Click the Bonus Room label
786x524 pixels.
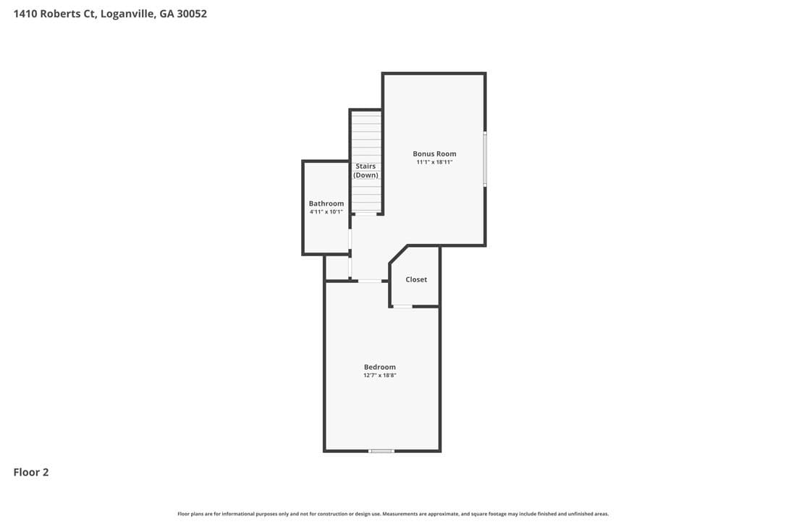tap(434, 154)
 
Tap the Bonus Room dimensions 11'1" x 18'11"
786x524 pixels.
tap(434, 162)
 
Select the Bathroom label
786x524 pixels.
tap(326, 203)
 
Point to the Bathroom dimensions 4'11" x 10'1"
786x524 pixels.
tap(326, 212)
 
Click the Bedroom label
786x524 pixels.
tap(380, 367)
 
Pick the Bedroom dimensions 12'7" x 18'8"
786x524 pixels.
tap(380, 376)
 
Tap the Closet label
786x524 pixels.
tap(417, 280)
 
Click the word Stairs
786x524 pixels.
tap(366, 166)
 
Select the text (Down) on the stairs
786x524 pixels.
tap(366, 175)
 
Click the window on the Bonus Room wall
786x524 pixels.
tap(485, 159)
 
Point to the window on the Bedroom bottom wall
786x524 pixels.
tap(381, 452)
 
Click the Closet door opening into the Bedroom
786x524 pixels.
tap(402, 306)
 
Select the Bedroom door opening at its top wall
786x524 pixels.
tap(370, 281)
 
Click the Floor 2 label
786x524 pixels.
tap(31, 473)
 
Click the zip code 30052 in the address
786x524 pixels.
tap(192, 14)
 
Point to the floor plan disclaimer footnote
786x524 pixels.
tap(393, 514)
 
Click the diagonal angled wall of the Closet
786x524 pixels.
tap(399, 255)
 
